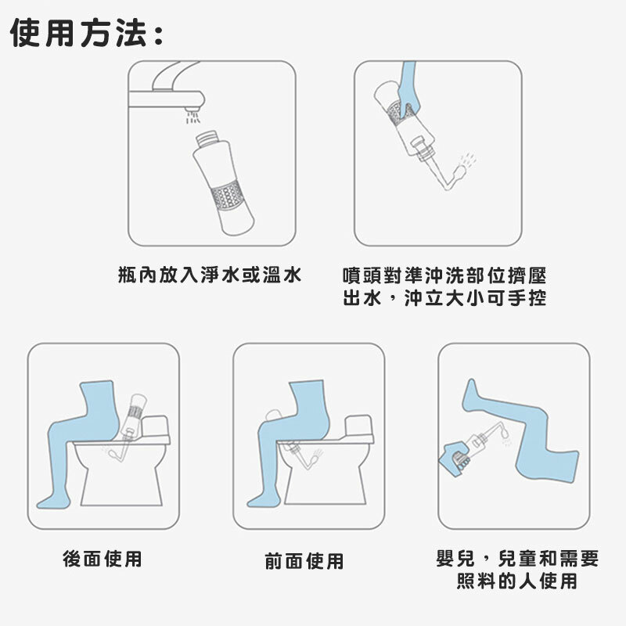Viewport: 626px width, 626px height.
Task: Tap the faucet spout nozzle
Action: click(x=192, y=108)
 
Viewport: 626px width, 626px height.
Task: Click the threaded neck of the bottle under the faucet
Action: click(x=208, y=139)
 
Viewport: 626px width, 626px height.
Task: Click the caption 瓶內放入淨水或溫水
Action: click(x=210, y=275)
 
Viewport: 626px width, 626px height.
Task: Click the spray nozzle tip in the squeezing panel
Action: click(x=459, y=173)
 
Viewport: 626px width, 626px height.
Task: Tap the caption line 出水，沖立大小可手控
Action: click(x=444, y=298)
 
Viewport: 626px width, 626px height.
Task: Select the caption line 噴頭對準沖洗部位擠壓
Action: click(x=444, y=275)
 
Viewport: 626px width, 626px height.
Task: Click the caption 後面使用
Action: click(x=103, y=559)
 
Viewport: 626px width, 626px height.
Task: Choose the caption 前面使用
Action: click(x=304, y=561)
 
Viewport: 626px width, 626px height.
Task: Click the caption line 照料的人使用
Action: click(x=517, y=581)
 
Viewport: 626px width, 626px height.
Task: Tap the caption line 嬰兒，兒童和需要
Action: click(x=517, y=558)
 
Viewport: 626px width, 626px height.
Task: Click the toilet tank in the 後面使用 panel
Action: click(x=156, y=426)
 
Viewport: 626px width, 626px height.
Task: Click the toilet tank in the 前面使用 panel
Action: click(x=359, y=426)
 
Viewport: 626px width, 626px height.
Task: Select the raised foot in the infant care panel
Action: click(x=471, y=394)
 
